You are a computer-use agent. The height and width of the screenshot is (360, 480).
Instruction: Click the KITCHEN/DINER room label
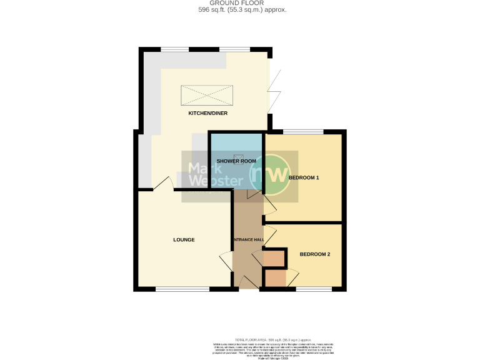(208, 114)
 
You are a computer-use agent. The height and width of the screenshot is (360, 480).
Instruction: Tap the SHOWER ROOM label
(236, 161)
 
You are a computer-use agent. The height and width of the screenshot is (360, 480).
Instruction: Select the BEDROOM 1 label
(304, 178)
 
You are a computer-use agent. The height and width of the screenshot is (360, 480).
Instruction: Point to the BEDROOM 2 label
(314, 254)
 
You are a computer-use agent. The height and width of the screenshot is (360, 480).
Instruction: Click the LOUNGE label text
(184, 239)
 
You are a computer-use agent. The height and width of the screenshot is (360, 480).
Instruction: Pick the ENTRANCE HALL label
(248, 239)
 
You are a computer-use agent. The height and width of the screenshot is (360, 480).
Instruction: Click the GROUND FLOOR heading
(240, 3)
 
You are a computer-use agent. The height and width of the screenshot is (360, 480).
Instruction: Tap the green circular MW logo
(270, 174)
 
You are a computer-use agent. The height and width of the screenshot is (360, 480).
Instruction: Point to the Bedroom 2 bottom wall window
(314, 289)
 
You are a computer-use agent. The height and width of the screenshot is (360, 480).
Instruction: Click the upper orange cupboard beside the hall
(273, 257)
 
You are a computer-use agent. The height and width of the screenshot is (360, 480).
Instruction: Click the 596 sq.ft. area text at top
(240, 10)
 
